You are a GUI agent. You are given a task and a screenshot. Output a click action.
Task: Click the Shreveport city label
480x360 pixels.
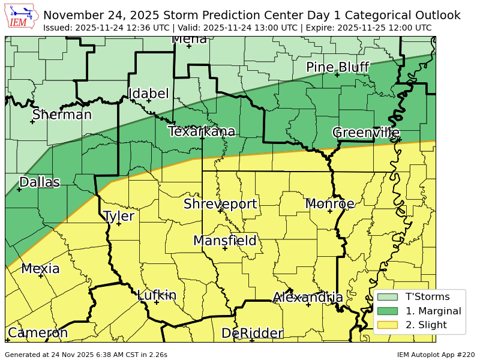tap(220, 204)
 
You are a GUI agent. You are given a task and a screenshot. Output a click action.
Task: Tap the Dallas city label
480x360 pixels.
tap(40, 182)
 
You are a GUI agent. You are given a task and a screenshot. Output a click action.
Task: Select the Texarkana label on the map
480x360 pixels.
tap(202, 131)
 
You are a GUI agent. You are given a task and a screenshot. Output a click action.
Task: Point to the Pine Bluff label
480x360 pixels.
tap(337, 67)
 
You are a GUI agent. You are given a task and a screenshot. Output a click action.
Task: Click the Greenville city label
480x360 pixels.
tap(366, 133)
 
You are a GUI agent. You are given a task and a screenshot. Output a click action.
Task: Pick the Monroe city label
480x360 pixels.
tap(329, 204)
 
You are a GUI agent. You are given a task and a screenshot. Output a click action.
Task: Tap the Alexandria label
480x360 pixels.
tap(308, 298)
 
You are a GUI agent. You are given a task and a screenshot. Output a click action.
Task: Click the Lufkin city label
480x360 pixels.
tap(157, 295)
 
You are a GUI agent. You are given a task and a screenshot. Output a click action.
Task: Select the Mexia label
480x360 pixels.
tap(40, 269)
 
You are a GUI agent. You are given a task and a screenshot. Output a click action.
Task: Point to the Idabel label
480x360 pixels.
tap(148, 94)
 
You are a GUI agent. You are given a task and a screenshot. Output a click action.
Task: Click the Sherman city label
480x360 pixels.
tap(62, 115)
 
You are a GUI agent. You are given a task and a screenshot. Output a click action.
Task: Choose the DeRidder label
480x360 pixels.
tap(252, 334)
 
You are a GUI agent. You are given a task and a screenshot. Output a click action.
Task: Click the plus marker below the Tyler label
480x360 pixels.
tap(119, 224)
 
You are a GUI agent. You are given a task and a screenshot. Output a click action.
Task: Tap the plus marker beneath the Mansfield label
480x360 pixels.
tap(225, 248)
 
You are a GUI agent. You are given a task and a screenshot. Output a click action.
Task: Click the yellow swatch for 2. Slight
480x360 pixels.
tap(388, 325)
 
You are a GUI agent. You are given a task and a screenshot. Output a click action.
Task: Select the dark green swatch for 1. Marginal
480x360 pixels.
tap(388, 311)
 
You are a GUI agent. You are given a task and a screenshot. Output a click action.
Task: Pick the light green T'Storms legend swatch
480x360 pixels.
tap(388, 296)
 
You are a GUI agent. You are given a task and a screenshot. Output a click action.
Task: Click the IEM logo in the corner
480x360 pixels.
tap(22, 17)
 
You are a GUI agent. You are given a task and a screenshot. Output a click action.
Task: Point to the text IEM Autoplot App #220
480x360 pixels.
tap(436, 355)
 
